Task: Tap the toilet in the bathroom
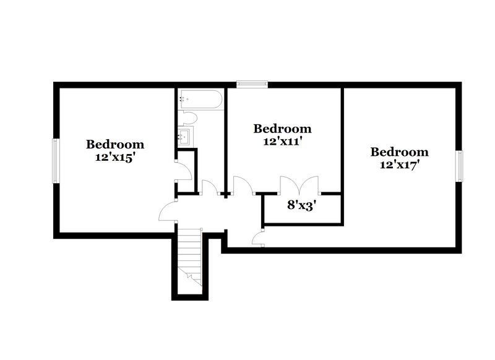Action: (x=189, y=117)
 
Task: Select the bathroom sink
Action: (x=185, y=135)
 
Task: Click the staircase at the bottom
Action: (x=190, y=257)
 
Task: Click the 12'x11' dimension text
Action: (x=282, y=141)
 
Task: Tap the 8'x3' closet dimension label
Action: (x=302, y=205)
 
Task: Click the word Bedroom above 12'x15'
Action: (x=115, y=145)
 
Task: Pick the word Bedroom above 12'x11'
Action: (x=282, y=129)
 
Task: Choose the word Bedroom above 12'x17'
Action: (x=399, y=152)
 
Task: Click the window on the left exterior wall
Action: (x=56, y=160)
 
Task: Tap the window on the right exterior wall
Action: (x=460, y=166)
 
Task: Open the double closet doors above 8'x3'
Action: (x=299, y=185)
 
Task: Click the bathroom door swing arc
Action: (x=209, y=187)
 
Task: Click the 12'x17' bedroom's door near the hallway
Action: (x=259, y=238)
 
